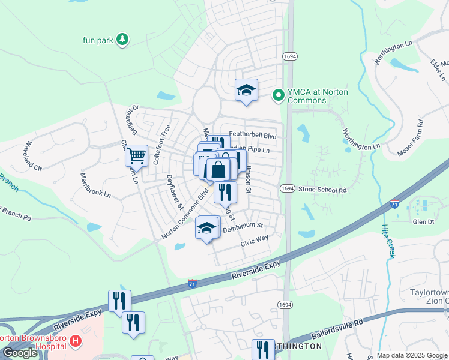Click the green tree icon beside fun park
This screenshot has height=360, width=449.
pyautogui.click(x=122, y=40)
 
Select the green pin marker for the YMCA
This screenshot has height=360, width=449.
pyautogui.click(x=278, y=95)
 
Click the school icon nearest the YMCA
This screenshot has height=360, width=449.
pyautogui.click(x=246, y=91)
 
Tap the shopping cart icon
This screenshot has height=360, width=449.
pyautogui.click(x=136, y=155)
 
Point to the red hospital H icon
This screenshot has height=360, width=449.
pyautogui.click(x=76, y=341)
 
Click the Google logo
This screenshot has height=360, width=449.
pyautogui.click(x=20, y=353)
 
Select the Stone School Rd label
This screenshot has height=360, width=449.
pyautogui.click(x=323, y=190)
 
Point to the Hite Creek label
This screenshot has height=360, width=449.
pyautogui.click(x=388, y=241)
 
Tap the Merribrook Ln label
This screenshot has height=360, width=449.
pyautogui.click(x=95, y=186)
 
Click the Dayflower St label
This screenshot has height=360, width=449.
pyautogui.click(x=175, y=192)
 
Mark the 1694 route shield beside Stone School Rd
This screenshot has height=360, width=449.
pyautogui.click(x=287, y=188)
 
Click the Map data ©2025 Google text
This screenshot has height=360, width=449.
pyautogui.click(x=411, y=355)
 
